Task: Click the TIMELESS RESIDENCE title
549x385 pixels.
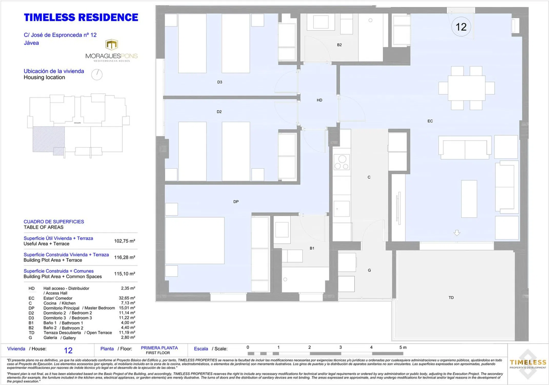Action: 81,17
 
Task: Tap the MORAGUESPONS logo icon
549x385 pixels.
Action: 112,45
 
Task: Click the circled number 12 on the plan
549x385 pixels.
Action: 461,27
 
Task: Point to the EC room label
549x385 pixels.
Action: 430,121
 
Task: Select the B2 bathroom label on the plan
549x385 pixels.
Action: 339,45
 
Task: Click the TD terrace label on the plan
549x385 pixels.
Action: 451,298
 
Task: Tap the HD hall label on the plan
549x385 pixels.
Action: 319,100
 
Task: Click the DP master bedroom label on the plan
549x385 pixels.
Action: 236,202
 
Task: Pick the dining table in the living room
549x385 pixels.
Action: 466,88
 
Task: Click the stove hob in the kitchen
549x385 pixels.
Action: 342,162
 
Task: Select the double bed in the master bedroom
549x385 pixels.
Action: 195,240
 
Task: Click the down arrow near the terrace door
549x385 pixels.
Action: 457,233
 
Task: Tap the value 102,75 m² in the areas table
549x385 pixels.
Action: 125,241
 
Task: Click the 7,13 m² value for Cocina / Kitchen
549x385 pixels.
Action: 128,303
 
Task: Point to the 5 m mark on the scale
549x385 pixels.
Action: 403,348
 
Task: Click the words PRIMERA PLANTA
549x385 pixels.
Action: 159,348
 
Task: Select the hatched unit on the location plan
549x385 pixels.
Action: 48,141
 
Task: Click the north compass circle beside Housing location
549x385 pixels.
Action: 97,75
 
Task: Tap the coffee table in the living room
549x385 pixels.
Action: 469,199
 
